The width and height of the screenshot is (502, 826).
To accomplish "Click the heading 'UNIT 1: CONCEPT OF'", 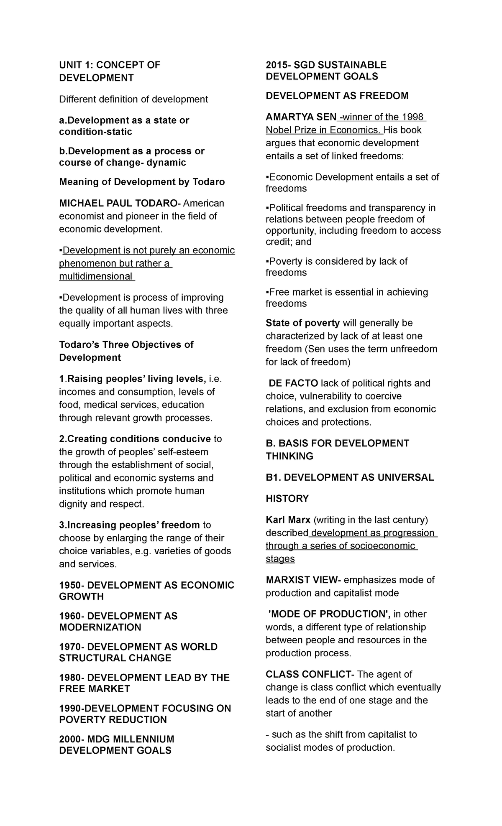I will [x=110, y=65].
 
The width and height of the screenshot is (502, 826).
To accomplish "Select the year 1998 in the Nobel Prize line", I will [x=413, y=117].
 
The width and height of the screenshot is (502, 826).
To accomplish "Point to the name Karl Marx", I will [x=288, y=520].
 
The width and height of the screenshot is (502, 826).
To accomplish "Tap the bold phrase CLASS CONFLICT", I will [x=309, y=674].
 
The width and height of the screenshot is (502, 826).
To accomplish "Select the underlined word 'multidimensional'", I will [x=96, y=276].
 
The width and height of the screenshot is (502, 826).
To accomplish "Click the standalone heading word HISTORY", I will [x=287, y=499].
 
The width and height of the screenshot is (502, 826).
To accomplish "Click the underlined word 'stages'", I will [x=280, y=559].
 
